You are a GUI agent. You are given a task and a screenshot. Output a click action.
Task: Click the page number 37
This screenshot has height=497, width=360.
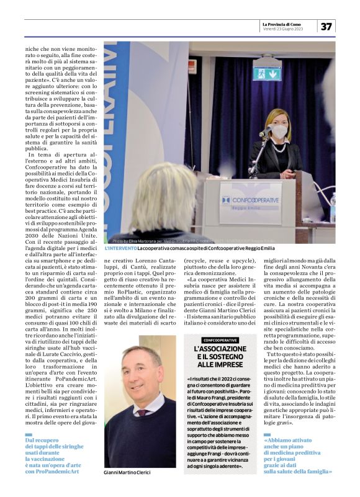coord(326,25)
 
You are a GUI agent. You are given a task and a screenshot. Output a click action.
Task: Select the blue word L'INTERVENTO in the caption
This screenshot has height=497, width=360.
coord(121,248)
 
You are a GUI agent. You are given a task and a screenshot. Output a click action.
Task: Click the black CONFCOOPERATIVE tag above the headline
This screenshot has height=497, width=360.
coord(220,340)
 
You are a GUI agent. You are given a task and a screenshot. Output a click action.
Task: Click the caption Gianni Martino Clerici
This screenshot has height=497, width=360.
coord(128,472)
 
